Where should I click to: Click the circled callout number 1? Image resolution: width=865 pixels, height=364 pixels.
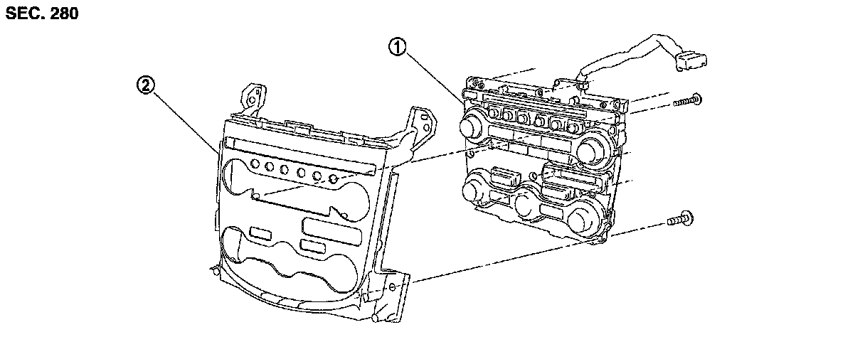[397, 48]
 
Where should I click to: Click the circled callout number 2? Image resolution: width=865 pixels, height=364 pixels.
[145, 85]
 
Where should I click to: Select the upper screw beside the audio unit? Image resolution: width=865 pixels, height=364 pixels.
[686, 101]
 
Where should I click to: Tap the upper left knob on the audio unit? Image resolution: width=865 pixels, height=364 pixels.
[471, 127]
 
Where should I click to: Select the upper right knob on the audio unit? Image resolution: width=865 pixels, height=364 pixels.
[591, 149]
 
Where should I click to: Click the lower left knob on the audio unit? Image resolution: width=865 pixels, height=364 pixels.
[472, 191]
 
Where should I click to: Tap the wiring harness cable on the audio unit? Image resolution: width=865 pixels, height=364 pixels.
[619, 60]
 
